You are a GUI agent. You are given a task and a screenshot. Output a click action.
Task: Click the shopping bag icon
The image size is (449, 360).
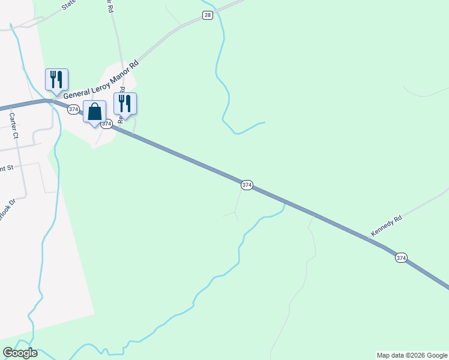(x=94, y=112)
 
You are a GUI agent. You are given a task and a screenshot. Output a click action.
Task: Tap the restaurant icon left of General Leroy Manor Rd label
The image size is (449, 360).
(x=56, y=80)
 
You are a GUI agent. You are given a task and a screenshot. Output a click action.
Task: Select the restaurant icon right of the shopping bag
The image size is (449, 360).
(x=125, y=103)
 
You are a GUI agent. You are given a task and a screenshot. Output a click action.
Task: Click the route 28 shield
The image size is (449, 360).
(x=207, y=15)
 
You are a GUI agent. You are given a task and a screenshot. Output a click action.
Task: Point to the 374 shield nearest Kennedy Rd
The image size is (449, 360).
(x=401, y=257)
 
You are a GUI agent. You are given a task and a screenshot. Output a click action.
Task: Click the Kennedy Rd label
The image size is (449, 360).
(x=386, y=226)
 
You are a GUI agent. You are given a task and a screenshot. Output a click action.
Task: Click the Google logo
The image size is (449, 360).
(x=20, y=353)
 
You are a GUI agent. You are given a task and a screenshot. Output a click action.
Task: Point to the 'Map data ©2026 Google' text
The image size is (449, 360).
(x=412, y=355)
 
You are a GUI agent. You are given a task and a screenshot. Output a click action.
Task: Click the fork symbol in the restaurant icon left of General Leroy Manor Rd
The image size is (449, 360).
(x=53, y=78)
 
